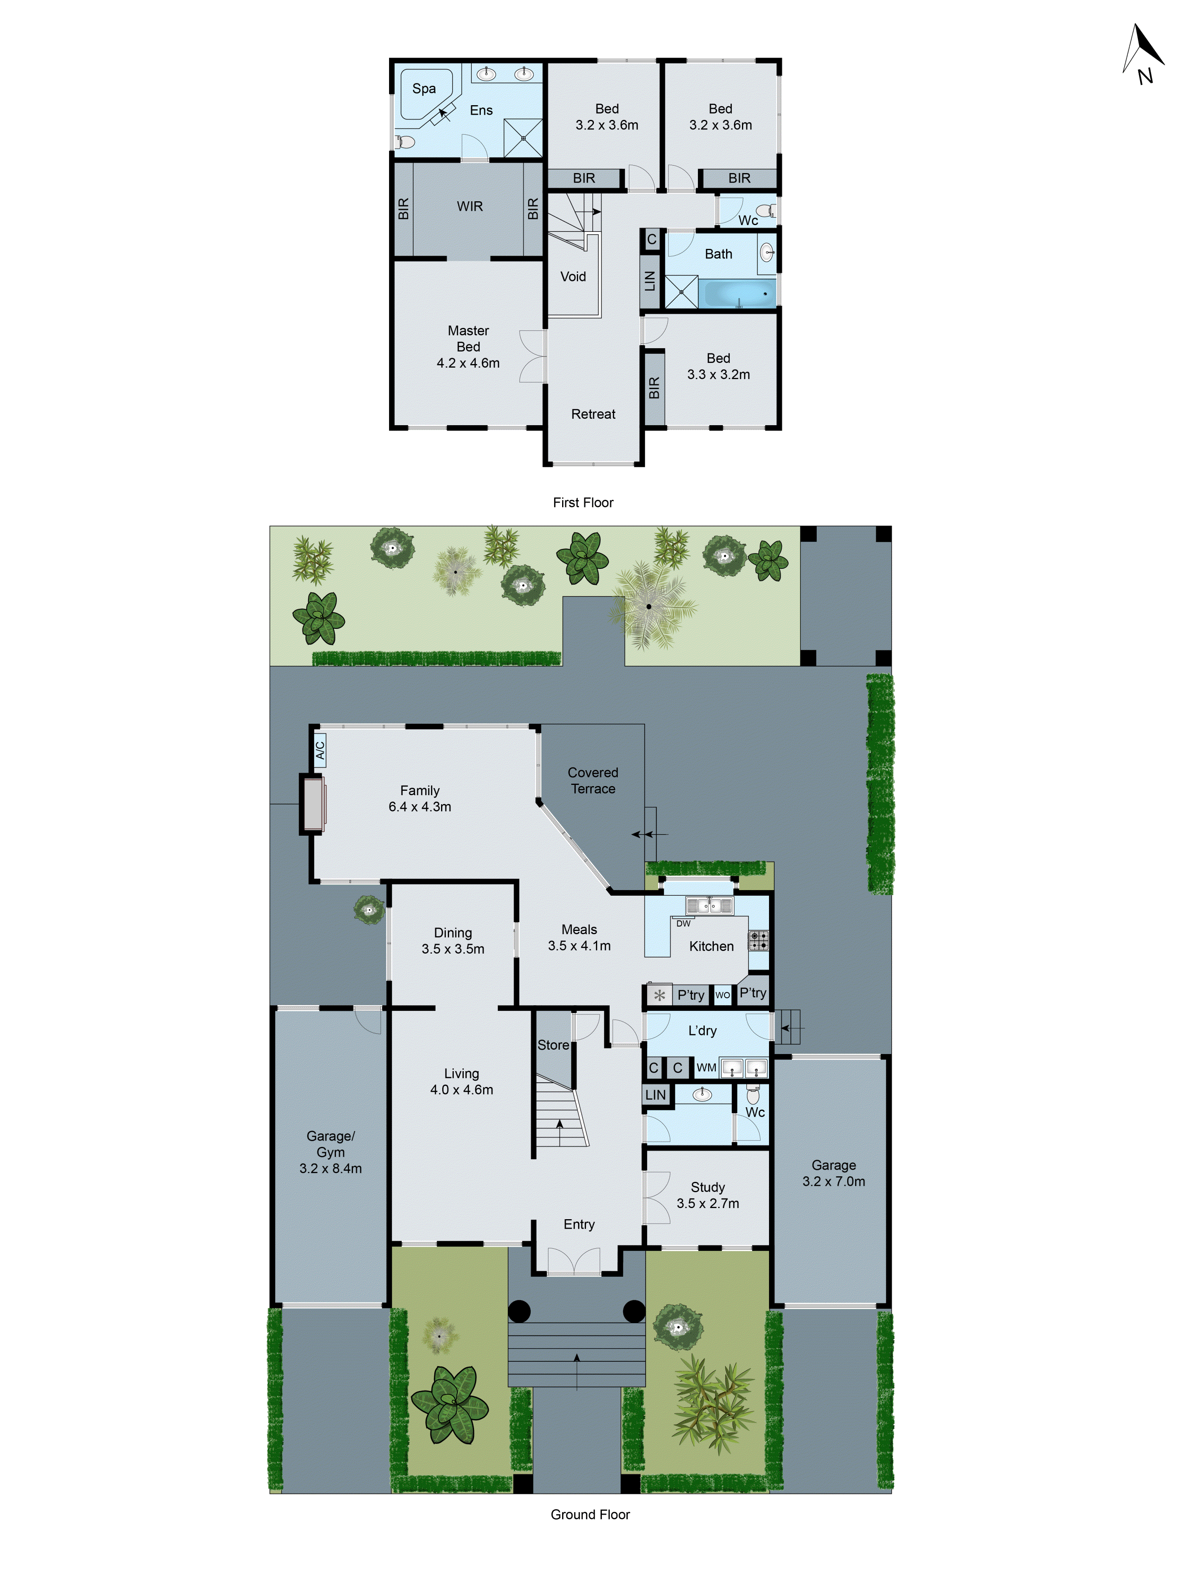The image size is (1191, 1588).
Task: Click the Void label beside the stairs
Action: [573, 276]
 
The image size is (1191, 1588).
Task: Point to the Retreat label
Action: [593, 414]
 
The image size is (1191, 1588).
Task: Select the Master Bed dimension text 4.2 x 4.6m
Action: [468, 363]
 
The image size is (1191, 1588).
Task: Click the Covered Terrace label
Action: [593, 781]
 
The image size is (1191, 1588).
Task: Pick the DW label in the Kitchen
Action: [683, 923]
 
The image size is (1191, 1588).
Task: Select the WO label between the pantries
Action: [722, 995]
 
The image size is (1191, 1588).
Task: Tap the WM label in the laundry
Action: [706, 1068]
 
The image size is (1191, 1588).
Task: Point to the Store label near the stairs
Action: [553, 1045]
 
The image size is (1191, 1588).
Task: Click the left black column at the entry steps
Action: [519, 1312]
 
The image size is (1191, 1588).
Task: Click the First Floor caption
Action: [583, 503]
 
